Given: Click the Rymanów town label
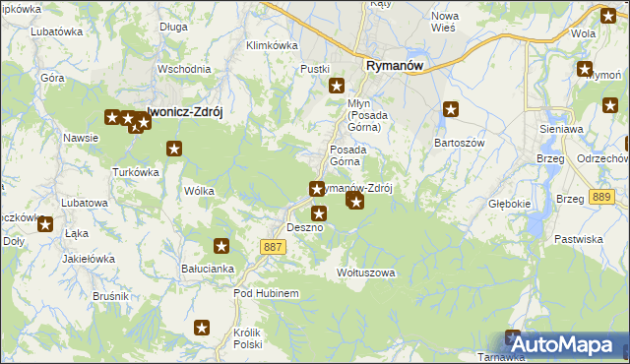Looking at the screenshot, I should pyautogui.click(x=394, y=65).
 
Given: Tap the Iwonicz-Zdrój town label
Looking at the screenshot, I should pyautogui.click(x=185, y=112).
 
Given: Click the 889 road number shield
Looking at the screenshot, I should pyautogui.click(x=598, y=198).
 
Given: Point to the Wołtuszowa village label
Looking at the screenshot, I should pyautogui.click(x=365, y=272).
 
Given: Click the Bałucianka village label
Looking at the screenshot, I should pyautogui.click(x=207, y=268).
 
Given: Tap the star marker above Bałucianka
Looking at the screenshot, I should pyautogui.click(x=221, y=246).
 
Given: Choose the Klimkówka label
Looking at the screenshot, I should pyautogui.click(x=272, y=45).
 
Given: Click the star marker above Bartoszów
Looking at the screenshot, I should pyautogui.click(x=451, y=110).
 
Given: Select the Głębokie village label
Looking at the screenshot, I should pyautogui.click(x=510, y=206).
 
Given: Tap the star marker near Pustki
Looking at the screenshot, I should pyautogui.click(x=336, y=86).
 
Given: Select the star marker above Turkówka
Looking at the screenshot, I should pyautogui.click(x=174, y=150).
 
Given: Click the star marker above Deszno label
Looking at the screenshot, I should pyautogui.click(x=318, y=212).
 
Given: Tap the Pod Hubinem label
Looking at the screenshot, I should pyautogui.click(x=259, y=293).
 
